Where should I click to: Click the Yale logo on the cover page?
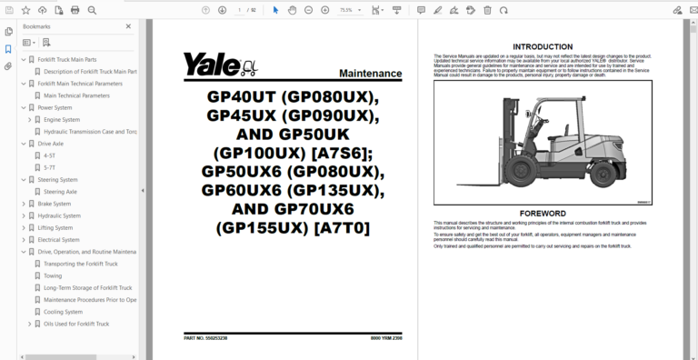(x=218, y=65)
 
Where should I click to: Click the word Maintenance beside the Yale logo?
(x=369, y=73)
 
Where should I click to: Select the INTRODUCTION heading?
(x=542, y=46)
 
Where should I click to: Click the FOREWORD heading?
(x=542, y=214)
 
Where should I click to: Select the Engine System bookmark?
(x=62, y=119)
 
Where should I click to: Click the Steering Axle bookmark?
(x=61, y=192)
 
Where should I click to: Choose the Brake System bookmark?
(x=56, y=204)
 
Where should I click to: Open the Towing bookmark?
(x=54, y=275)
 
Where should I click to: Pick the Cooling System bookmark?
(x=63, y=311)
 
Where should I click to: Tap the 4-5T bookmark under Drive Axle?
(x=50, y=155)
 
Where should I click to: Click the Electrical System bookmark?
(x=60, y=239)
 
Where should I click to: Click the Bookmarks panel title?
(x=37, y=27)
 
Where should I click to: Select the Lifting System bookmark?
(x=56, y=227)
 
